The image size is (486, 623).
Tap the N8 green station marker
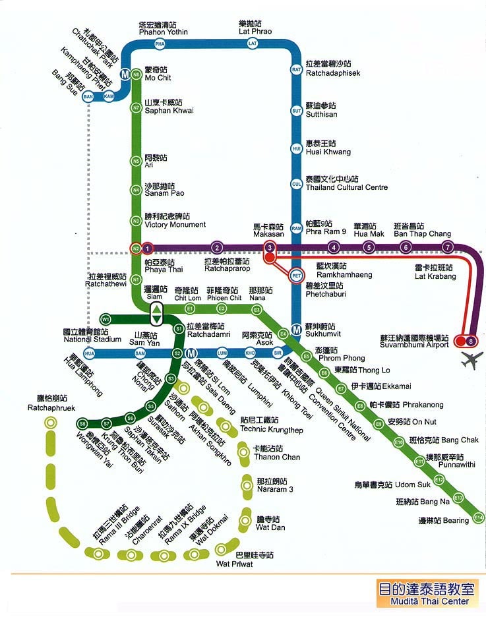click(136, 75)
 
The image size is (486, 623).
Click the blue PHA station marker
click(159, 44)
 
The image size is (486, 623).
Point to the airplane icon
click(472, 361)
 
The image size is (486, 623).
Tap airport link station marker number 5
click(369, 248)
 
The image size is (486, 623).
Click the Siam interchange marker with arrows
click(156, 314)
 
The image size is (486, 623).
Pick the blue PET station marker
click(297, 275)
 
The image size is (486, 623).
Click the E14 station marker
click(478, 518)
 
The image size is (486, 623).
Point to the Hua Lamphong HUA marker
click(90, 353)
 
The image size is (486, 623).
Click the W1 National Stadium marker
click(106, 320)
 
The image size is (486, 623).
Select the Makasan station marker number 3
click(270, 248)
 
